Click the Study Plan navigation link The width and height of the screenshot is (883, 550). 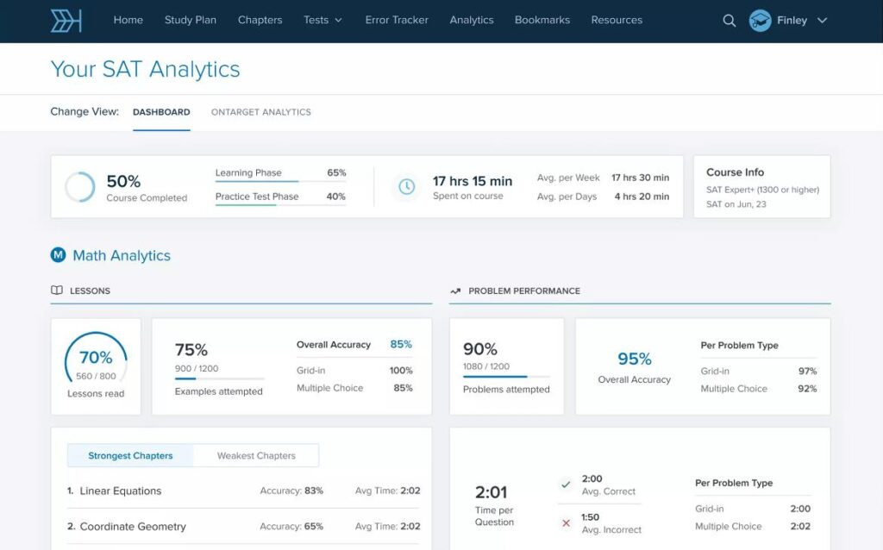click(x=191, y=20)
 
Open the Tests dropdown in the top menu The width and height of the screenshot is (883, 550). click(x=323, y=20)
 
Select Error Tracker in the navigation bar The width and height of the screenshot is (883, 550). click(x=397, y=20)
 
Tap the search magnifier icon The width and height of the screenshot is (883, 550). click(x=730, y=21)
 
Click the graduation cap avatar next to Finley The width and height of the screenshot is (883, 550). click(x=760, y=21)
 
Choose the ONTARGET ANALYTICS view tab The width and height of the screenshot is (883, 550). click(x=260, y=112)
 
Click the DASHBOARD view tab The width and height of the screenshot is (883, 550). click(x=161, y=112)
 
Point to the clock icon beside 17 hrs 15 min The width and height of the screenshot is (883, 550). click(x=407, y=186)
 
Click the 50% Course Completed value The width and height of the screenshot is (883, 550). click(x=123, y=181)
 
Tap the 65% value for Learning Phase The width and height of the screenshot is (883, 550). click(x=336, y=172)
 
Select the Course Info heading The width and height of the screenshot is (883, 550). click(x=735, y=172)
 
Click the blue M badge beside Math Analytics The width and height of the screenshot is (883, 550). click(x=58, y=255)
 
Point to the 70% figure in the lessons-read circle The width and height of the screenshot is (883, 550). click(x=96, y=358)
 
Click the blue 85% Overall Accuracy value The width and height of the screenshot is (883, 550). click(x=401, y=344)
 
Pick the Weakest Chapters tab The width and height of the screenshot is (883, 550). click(x=256, y=455)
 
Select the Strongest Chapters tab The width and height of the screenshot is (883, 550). click(x=130, y=455)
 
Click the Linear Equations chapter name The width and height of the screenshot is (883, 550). click(x=121, y=491)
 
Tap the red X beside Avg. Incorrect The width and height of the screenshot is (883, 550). click(x=566, y=523)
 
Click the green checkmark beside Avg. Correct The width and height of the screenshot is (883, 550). click(x=566, y=484)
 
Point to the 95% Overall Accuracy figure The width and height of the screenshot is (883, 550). click(x=634, y=359)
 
